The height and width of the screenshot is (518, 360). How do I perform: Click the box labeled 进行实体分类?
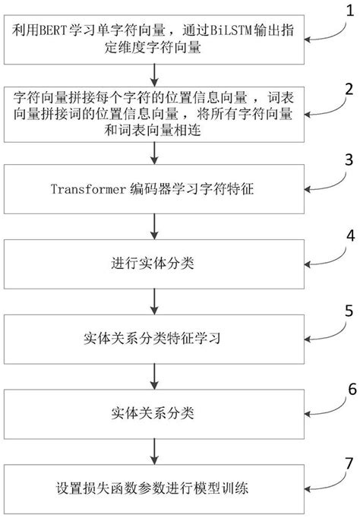click(156, 264)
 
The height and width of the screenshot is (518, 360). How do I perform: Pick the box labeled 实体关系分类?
click(156, 413)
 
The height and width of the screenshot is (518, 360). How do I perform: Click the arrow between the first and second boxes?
click(156, 74)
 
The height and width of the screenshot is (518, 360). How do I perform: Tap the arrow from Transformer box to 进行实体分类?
click(156, 226)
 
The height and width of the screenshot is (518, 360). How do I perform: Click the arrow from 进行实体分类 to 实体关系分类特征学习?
click(156, 300)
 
